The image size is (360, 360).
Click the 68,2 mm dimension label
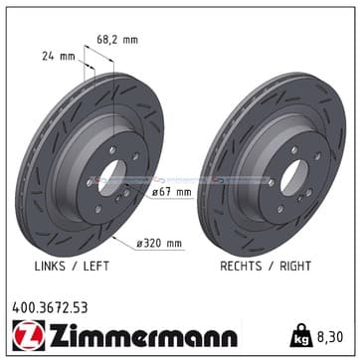click(x=117, y=40)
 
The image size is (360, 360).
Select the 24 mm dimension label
click(x=59, y=57)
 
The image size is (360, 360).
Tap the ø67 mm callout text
click(x=172, y=192)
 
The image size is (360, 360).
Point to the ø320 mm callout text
click(x=159, y=244)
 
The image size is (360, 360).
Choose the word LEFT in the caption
click(x=95, y=266)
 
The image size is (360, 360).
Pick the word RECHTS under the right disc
click(x=241, y=266)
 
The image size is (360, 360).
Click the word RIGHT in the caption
click(x=295, y=266)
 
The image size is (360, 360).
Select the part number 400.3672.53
click(x=50, y=308)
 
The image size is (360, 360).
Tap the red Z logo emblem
click(x=28, y=335)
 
